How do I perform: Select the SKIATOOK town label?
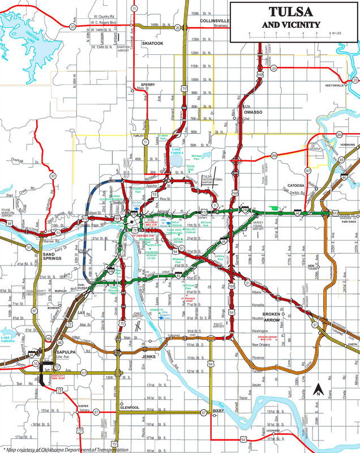point(152,42)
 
